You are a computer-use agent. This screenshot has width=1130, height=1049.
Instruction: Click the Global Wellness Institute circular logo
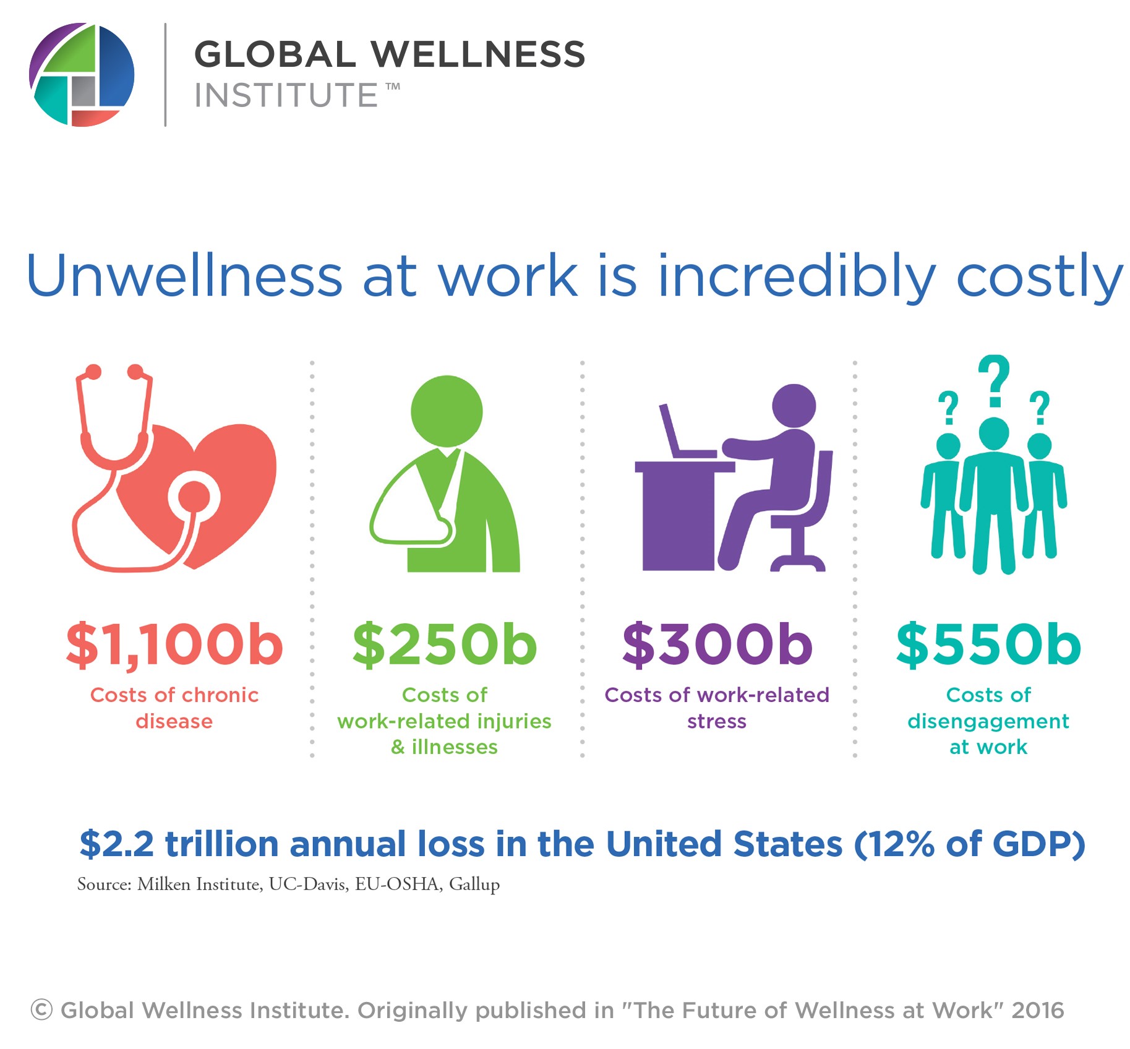tap(82, 75)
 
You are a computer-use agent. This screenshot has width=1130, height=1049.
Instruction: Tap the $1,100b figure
tap(174, 645)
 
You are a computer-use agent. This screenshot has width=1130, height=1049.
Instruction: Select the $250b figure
tap(445, 644)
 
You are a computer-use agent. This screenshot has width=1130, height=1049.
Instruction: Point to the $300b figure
tap(717, 644)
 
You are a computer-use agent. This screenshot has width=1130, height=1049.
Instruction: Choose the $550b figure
tap(988, 644)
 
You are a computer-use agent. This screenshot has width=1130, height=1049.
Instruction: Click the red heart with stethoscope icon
tap(174, 468)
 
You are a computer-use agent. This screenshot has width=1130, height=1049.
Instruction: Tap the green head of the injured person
tap(447, 411)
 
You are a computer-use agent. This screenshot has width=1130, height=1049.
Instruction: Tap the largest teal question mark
tap(994, 381)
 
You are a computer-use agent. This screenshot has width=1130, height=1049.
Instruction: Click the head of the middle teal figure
tap(994, 434)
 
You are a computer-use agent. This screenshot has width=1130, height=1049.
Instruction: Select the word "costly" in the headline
tap(1040, 276)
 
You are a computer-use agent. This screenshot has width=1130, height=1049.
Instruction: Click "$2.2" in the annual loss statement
tap(116, 844)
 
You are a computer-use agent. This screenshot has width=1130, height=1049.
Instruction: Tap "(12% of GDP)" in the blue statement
tap(969, 844)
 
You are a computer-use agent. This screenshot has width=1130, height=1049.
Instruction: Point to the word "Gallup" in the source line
tap(474, 885)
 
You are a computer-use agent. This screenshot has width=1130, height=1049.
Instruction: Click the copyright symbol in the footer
tap(41, 1010)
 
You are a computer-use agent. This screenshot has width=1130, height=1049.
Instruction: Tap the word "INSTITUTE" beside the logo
tap(286, 95)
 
